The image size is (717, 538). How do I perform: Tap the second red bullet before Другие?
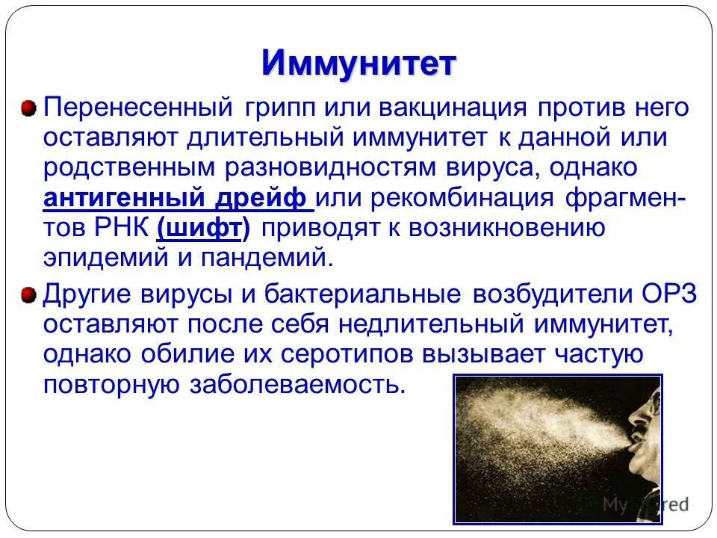(28, 294)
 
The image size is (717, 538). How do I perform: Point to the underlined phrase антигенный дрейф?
(176, 199)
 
